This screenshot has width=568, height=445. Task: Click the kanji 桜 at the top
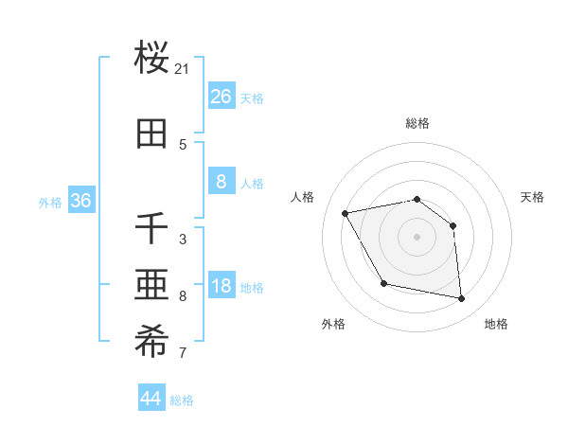pos(152,58)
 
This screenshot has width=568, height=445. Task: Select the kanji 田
pos(152,133)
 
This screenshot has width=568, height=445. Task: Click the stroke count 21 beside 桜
pos(183,69)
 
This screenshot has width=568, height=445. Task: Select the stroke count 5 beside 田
pos(183,144)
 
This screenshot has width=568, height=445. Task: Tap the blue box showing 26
pos(221,96)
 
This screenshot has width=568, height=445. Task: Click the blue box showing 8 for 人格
pos(221,181)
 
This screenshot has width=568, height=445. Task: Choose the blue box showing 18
pos(221,286)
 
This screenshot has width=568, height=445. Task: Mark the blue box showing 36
pos(80,201)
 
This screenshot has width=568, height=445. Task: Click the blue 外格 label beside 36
pos(50,203)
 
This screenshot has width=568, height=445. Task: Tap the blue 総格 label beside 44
pos(182,400)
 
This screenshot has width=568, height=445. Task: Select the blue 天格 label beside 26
pos(251,98)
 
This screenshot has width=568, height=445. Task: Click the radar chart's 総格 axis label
pos(417,123)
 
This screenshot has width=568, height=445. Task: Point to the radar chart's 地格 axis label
pos(496,324)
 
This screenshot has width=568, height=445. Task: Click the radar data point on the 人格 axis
pos(346,214)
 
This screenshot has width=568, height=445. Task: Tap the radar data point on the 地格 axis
pos(461,298)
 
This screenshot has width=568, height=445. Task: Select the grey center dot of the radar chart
pos(417,237)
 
